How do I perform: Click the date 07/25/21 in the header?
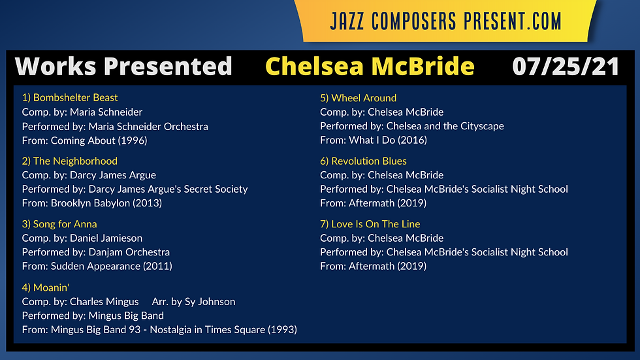[566, 67]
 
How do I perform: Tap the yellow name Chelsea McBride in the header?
[370, 66]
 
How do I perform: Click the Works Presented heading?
[123, 66]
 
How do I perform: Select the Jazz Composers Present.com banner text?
[445, 21]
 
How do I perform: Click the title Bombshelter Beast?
[76, 97]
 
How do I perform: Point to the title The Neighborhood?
[75, 161]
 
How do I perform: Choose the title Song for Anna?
[65, 224]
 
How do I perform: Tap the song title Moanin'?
[51, 287]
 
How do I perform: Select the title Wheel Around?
[364, 98]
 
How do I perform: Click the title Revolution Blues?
[368, 161]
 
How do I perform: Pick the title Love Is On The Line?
[376, 224]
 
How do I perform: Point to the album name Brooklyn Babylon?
[90, 203]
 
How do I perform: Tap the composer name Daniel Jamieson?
[106, 238]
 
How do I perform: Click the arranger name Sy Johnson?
[210, 302]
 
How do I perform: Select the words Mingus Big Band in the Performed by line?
[126, 316]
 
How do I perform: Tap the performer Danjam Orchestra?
[129, 252]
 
